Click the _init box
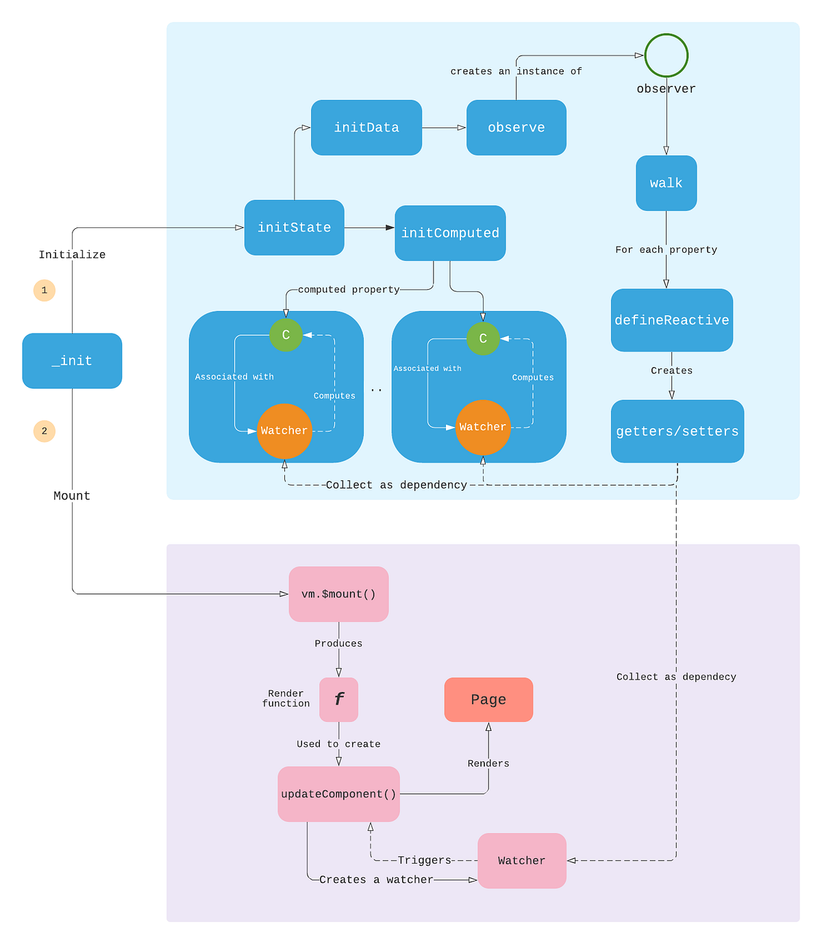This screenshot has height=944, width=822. coord(72,361)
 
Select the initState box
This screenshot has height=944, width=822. coord(294,227)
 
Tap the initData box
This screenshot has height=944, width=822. coord(366,127)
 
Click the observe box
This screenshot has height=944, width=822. coord(516,127)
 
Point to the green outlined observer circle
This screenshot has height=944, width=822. coord(666,55)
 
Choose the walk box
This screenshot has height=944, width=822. coord(666,183)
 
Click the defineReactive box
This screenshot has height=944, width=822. coord(671,320)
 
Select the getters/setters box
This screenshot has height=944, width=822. coord(677,431)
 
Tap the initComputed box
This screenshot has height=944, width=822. coord(450,233)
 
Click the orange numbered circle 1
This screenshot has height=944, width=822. coord(45,290)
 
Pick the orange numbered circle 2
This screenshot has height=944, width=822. coord(45,431)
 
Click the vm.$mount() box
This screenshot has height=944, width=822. coord(338,594)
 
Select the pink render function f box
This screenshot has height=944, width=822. coord(338,699)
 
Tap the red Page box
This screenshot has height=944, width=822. coord(488,699)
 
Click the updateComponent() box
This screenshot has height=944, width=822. coord(338,794)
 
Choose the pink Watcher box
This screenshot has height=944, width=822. coord(522,860)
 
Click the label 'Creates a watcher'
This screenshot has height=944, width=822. coord(376,880)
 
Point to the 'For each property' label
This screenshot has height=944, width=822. coord(666,250)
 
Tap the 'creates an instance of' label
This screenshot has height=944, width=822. coord(516,71)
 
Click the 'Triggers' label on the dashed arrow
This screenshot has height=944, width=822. coord(425,860)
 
